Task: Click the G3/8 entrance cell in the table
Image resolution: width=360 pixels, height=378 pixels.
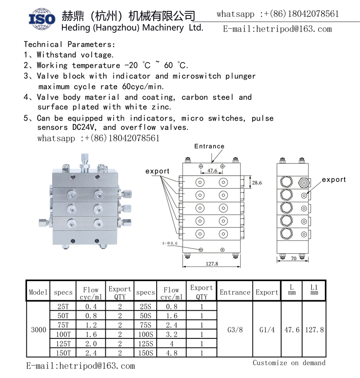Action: [235, 329]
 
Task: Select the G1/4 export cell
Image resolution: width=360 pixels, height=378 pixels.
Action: [266, 329]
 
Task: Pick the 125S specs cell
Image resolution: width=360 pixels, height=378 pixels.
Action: [145, 344]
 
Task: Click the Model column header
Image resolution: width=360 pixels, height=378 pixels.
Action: [38, 292]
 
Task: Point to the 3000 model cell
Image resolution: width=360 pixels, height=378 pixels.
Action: [38, 329]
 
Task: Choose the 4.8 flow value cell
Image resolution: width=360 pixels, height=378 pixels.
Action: [171, 352]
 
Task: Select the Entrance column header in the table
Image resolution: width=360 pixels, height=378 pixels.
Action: [235, 292]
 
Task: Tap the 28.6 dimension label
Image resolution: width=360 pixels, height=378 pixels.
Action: [257, 183]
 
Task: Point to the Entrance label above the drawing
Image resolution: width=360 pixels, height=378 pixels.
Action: [209, 146]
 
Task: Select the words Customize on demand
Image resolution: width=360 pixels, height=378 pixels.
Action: [289, 363]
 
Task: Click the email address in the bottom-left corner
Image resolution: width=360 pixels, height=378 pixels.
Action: [80, 366]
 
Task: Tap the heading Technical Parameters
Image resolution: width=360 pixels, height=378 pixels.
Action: [69, 44]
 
